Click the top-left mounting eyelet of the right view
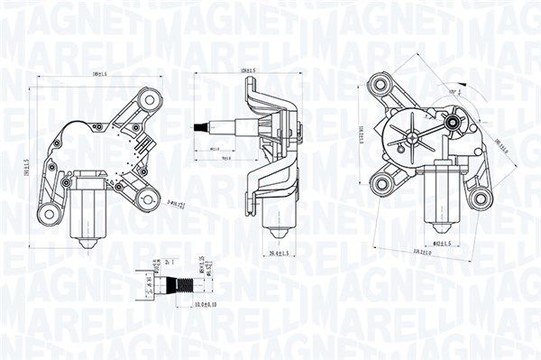(x=378, y=88)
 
